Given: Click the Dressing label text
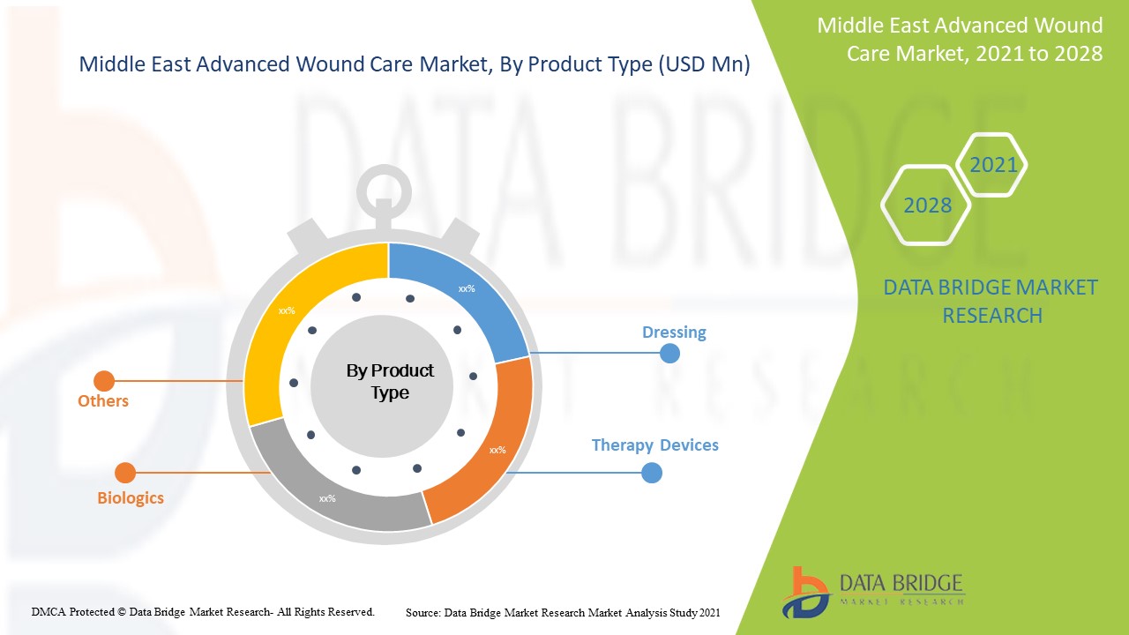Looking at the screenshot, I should [x=674, y=332].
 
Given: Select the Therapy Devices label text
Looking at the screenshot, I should [x=654, y=445].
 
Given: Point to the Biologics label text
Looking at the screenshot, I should [x=131, y=498].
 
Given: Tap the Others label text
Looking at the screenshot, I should [x=103, y=401].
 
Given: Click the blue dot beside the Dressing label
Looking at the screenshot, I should [x=670, y=353].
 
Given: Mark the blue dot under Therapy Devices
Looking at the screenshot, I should [x=651, y=473].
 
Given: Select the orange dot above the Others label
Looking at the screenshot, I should [x=104, y=381].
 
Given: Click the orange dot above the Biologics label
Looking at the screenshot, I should [x=125, y=473].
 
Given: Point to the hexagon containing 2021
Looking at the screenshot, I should [x=992, y=165].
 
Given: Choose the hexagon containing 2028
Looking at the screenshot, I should [x=926, y=205].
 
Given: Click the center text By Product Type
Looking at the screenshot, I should [x=390, y=382].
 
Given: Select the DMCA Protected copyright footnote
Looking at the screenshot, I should [x=203, y=611].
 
